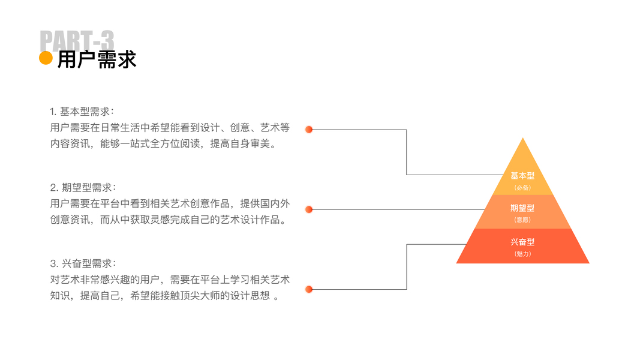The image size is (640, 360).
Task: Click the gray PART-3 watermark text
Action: click(x=77, y=40)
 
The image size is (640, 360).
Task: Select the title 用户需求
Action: click(x=97, y=59)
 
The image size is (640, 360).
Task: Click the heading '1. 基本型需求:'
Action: click(x=82, y=112)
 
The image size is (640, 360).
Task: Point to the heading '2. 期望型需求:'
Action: click(x=83, y=187)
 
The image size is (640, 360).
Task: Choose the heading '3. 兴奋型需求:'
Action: click(x=83, y=263)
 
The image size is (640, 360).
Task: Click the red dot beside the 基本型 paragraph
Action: click(x=309, y=129)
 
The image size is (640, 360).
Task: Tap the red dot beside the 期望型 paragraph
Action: click(x=309, y=209)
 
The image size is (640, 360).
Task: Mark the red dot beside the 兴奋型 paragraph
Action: click(x=309, y=289)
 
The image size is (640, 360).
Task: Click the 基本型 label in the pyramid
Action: click(x=522, y=176)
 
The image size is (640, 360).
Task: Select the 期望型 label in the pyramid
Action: click(x=522, y=208)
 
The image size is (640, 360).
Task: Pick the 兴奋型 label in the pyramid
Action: click(x=522, y=242)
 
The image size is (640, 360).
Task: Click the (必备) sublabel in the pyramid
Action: click(x=522, y=188)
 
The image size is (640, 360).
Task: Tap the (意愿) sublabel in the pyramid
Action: click(x=522, y=220)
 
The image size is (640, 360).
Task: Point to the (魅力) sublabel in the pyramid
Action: click(x=522, y=254)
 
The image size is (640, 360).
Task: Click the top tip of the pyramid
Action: click(x=523, y=140)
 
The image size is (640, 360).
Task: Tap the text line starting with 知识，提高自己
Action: click(x=164, y=296)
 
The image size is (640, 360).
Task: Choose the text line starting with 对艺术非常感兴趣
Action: click(x=169, y=280)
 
